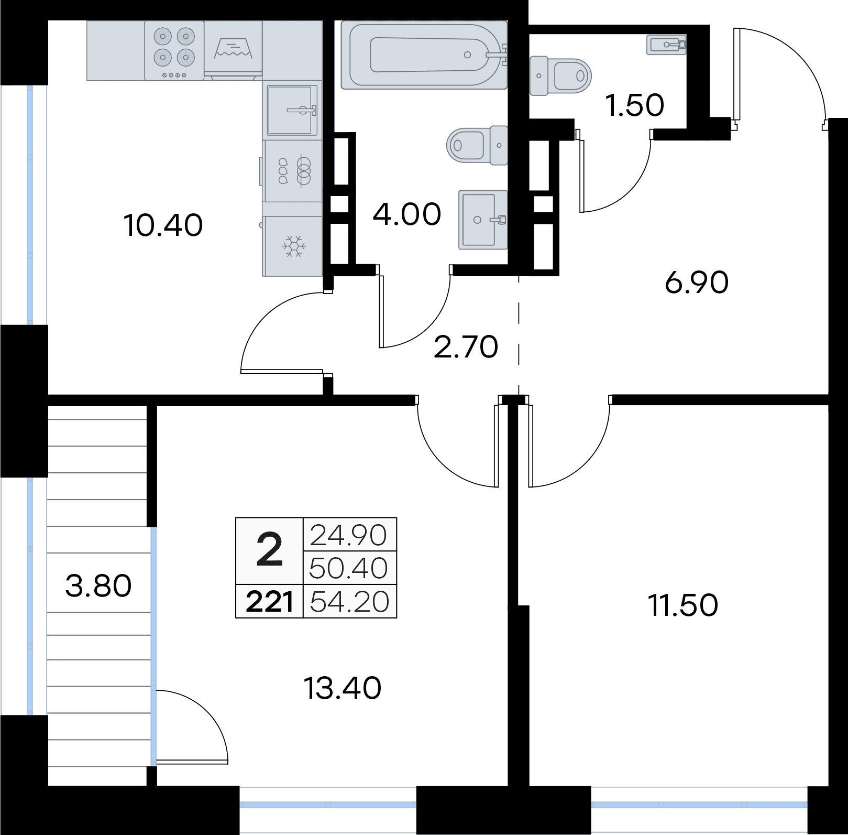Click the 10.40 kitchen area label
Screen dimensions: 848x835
click(x=163, y=226)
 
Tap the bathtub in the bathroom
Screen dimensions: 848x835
click(x=424, y=55)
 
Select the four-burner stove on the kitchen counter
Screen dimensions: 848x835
click(x=173, y=51)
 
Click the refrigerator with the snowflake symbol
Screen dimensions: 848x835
click(x=293, y=246)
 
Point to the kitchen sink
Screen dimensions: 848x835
click(x=293, y=110)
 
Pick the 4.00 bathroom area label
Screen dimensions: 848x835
click(x=407, y=214)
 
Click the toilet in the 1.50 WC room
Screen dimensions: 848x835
click(x=560, y=76)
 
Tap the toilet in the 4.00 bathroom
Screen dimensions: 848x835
click(x=478, y=145)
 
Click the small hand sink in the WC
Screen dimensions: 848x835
click(x=666, y=45)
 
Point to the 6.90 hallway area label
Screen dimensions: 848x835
click(x=697, y=284)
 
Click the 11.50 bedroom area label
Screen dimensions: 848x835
click(x=683, y=605)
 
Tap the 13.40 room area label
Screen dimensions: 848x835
click(x=343, y=688)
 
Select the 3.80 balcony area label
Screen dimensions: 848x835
click(x=98, y=586)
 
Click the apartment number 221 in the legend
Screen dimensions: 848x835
click(x=269, y=602)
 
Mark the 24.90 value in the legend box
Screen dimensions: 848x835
click(x=349, y=535)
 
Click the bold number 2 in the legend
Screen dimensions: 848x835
click(x=270, y=550)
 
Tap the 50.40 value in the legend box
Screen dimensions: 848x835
click(x=349, y=568)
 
